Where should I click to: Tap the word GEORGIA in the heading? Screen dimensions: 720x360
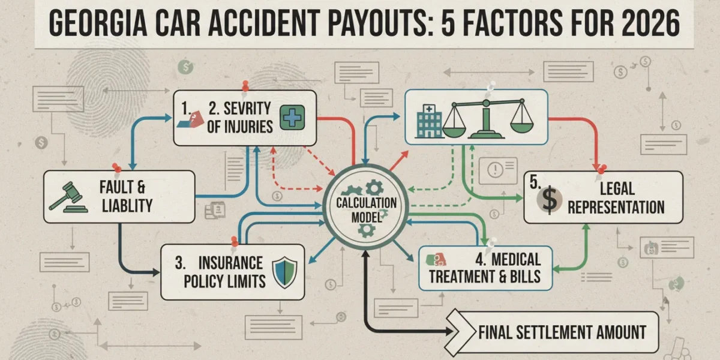pyautogui.click(x=98, y=23)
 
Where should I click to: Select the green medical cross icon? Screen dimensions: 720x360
pyautogui.click(x=292, y=118)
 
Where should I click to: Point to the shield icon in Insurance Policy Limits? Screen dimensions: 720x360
pyautogui.click(x=284, y=272)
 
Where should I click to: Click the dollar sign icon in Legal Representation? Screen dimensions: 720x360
pyautogui.click(x=550, y=200)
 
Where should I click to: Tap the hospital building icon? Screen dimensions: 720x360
pyautogui.click(x=429, y=121)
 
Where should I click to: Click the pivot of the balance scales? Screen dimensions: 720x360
pyautogui.click(x=486, y=103)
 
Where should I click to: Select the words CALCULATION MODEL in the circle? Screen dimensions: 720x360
pyautogui.click(x=366, y=210)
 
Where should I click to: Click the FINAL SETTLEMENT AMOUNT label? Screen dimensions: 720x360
pyautogui.click(x=562, y=332)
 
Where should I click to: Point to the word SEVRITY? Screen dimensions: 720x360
pyautogui.click(x=247, y=109)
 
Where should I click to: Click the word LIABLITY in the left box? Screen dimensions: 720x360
pyautogui.click(x=127, y=206)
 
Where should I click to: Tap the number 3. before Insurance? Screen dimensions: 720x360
pyautogui.click(x=180, y=263)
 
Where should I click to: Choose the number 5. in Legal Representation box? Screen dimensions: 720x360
pyautogui.click(x=535, y=182)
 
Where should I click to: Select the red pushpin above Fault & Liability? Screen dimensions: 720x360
pyautogui.click(x=116, y=168)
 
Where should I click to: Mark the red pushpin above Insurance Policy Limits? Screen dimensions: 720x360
pyautogui.click(x=235, y=242)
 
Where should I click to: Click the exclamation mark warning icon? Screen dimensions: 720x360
pyautogui.click(x=496, y=169)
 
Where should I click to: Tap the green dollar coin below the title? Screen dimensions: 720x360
pyautogui.click(x=185, y=67)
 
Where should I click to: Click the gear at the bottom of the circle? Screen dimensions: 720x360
pyautogui.click(x=367, y=230)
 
